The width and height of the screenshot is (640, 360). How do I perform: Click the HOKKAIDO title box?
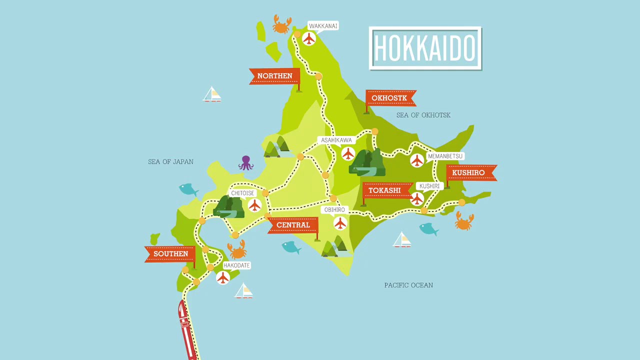[x=425, y=48]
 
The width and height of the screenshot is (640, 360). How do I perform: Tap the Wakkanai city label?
[x=323, y=26]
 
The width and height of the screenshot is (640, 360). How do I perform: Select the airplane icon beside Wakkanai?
[x=309, y=38]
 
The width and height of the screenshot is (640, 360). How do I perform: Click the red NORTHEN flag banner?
[x=274, y=76]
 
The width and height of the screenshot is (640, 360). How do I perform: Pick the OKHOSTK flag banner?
[x=389, y=98]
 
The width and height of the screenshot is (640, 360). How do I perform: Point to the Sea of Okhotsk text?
[x=423, y=115]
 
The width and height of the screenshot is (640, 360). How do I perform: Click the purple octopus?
[x=245, y=163]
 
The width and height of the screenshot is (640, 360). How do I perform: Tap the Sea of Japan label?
[x=170, y=161]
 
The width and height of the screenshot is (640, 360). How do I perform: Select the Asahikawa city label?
[x=336, y=140]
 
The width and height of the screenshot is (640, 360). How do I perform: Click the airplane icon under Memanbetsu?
[x=417, y=160]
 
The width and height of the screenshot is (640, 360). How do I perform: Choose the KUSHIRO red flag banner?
[x=468, y=172]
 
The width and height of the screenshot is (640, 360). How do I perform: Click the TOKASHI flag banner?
[x=384, y=190]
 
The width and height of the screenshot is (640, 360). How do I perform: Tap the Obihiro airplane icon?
[x=340, y=223]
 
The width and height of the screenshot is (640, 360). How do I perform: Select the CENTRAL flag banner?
[x=293, y=225]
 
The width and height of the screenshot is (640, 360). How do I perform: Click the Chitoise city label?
[x=242, y=193]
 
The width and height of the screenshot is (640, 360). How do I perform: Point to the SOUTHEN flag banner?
[x=170, y=254]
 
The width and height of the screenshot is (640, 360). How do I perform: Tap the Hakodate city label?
[x=236, y=265]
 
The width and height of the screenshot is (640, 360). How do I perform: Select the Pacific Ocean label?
[x=408, y=285]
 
